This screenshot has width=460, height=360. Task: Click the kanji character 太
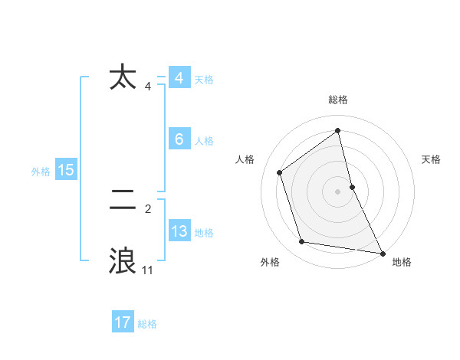123,78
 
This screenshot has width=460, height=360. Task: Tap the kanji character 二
123,201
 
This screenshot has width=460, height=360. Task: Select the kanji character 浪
123,260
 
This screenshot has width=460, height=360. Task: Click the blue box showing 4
179,78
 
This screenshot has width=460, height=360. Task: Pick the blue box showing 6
179,139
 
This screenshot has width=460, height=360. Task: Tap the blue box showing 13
179,231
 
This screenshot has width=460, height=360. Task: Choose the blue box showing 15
66,170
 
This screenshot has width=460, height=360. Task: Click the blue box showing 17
123,322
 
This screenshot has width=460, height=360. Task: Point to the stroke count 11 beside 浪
147,270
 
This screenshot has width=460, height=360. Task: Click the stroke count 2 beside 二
147,208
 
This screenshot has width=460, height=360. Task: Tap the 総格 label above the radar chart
338,100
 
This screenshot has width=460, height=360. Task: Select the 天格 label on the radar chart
431,159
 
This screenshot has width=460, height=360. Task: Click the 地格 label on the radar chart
402,262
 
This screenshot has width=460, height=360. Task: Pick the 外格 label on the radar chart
269,262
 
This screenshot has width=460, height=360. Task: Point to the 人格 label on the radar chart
245,159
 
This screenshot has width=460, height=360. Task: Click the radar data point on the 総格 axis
338,130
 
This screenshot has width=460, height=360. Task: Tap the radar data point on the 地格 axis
381,252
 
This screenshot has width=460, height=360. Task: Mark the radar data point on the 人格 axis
280,172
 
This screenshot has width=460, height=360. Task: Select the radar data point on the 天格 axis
352,187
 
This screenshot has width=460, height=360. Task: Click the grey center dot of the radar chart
338,191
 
